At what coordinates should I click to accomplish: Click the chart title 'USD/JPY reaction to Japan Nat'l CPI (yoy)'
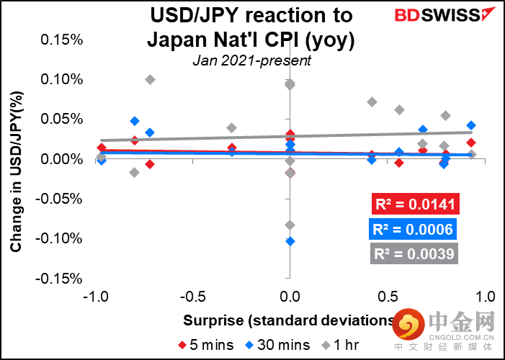point(251,27)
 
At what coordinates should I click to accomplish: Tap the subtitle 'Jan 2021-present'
point(251,60)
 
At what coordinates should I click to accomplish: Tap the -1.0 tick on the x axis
point(97,296)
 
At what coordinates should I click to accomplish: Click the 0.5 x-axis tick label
point(389,296)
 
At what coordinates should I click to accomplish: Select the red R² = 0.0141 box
point(414,205)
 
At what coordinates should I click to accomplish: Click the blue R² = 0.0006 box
point(414,230)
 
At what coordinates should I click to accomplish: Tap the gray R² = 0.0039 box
point(414,253)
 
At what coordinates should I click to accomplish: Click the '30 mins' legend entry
point(273,344)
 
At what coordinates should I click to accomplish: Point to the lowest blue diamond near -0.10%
point(290,241)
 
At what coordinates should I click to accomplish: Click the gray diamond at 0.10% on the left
point(150,79)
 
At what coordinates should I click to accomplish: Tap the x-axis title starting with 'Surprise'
point(288,320)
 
